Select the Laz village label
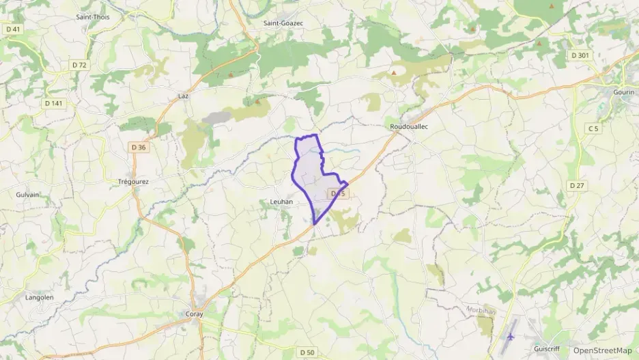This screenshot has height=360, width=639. (183, 96)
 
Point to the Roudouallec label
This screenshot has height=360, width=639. (408, 127)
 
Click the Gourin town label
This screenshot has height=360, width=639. (623, 92)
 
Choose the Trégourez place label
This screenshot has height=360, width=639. (133, 182)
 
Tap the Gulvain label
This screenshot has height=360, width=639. (27, 195)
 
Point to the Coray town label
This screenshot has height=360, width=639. (194, 314)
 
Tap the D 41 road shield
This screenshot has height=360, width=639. (13, 29)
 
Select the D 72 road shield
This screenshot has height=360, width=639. (80, 65)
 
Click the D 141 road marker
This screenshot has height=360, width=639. (53, 103)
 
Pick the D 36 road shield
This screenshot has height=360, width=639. (138, 147)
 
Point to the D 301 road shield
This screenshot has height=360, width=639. (580, 55)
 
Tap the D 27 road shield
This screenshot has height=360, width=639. (578, 185)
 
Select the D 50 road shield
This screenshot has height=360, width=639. (307, 352)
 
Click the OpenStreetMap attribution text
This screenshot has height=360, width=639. (602, 350)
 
